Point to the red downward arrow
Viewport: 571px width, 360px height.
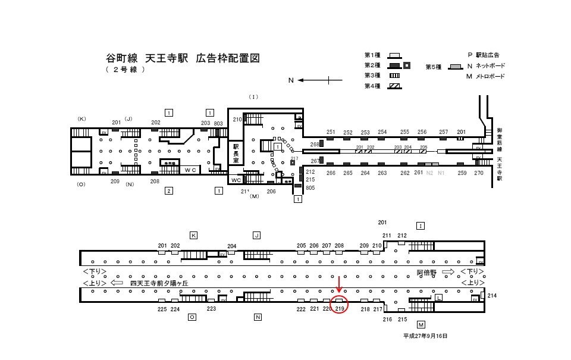coord(339,285)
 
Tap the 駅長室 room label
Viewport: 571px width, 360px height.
coord(236,153)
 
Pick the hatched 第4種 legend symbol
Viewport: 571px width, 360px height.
coord(394,86)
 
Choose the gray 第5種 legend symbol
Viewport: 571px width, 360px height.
coord(456,66)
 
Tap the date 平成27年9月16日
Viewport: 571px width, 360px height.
coord(425,336)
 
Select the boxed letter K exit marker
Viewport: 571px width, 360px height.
coord(193,235)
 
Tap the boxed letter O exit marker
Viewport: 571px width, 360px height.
coord(192,317)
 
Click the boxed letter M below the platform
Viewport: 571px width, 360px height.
coord(421,324)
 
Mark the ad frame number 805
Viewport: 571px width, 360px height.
coord(310,187)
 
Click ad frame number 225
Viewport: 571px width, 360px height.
coord(162,309)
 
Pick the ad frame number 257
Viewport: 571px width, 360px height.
coord(443,132)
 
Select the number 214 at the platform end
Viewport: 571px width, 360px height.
coord(491,296)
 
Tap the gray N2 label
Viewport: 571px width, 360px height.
coord(429,173)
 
